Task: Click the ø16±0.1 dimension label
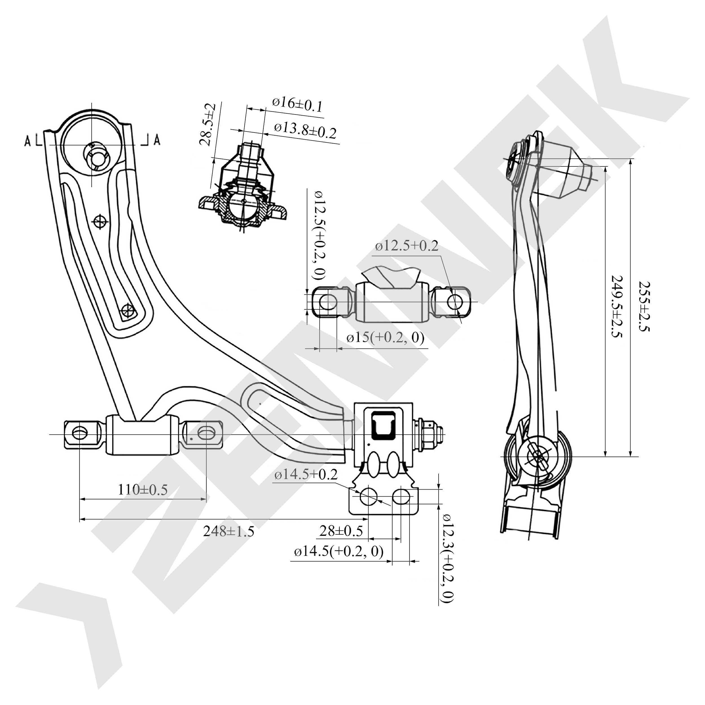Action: pyautogui.click(x=298, y=104)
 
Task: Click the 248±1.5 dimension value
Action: pyautogui.click(x=228, y=531)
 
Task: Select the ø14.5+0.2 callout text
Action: pyautogui.click(x=306, y=474)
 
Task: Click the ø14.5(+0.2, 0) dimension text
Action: pyautogui.click(x=339, y=552)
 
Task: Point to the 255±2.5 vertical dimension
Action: pyautogui.click(x=644, y=307)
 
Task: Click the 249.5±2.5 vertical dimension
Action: pyautogui.click(x=617, y=307)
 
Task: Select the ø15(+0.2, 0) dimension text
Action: pyautogui.click(x=385, y=338)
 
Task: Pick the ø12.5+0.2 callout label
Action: pyautogui.click(x=407, y=246)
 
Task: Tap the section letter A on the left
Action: pyautogui.click(x=28, y=140)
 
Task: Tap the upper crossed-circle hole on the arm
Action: pyautogui.click(x=99, y=221)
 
